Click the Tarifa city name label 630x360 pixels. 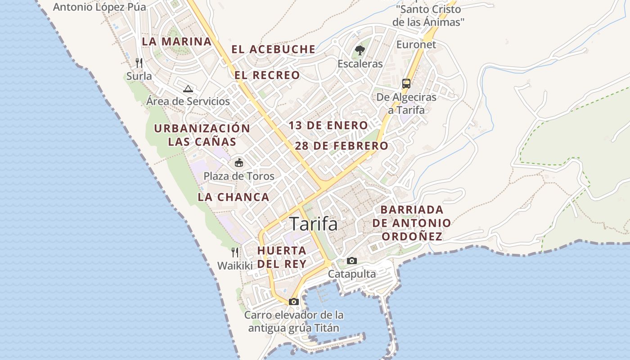pos(314,224)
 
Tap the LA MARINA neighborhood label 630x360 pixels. pos(176,41)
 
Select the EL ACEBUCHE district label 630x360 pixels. pos(273,49)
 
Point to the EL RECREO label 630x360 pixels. pos(267,75)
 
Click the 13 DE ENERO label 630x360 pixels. pos(328,126)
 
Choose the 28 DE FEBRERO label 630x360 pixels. pos(342,146)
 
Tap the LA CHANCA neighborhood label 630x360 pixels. pos(234,197)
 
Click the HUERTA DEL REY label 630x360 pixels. pos(282,257)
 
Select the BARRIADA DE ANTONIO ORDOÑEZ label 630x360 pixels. pos(412,223)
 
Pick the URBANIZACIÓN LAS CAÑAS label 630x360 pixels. pos(202,135)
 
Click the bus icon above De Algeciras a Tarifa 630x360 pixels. pos(406,84)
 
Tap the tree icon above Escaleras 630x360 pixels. pos(360,50)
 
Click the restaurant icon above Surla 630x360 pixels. pos(139,63)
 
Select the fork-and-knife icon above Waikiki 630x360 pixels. pos(234,252)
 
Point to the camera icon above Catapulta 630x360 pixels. pos(352,261)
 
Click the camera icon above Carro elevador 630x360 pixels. pos(294,301)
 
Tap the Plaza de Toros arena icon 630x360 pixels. pos(239,162)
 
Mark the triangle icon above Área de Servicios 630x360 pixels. pos(188,89)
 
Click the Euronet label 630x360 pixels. pos(416,45)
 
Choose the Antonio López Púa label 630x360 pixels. pos(99,7)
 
